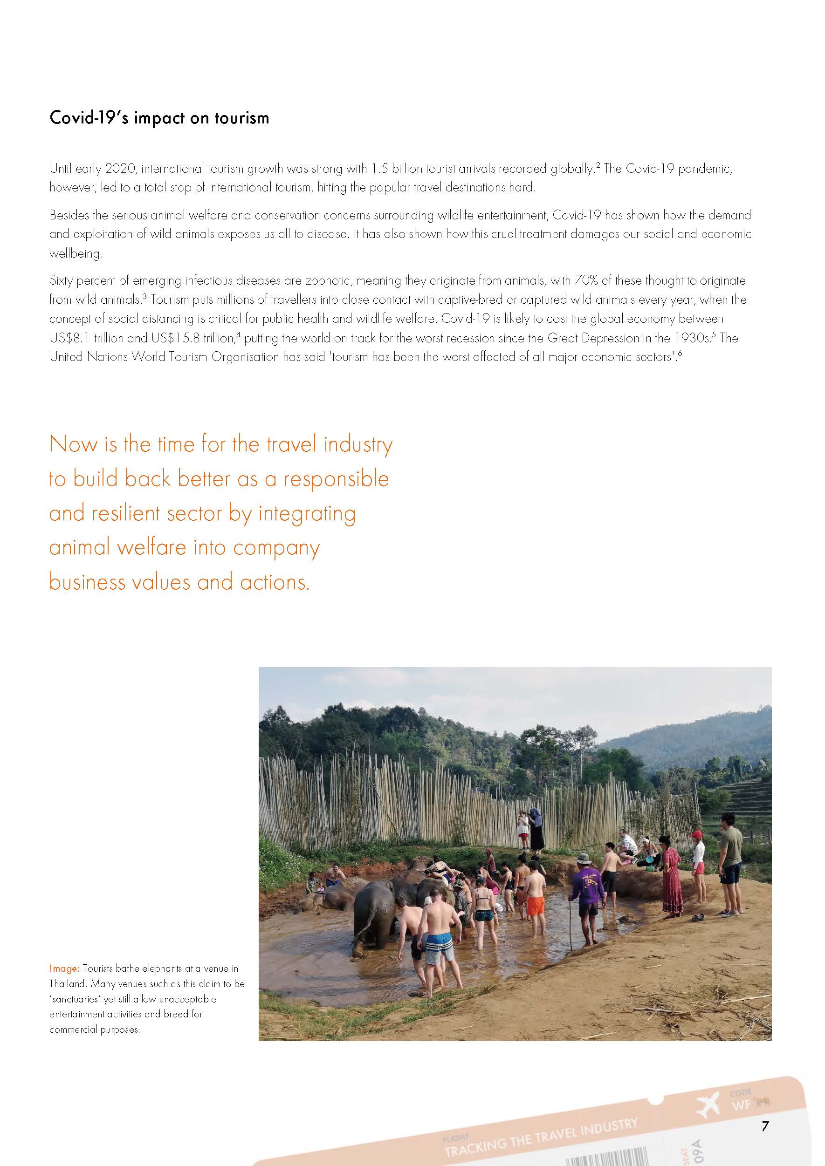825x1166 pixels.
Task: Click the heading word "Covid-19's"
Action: pos(89,118)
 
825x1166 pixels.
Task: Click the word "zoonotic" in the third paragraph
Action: pos(327,280)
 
